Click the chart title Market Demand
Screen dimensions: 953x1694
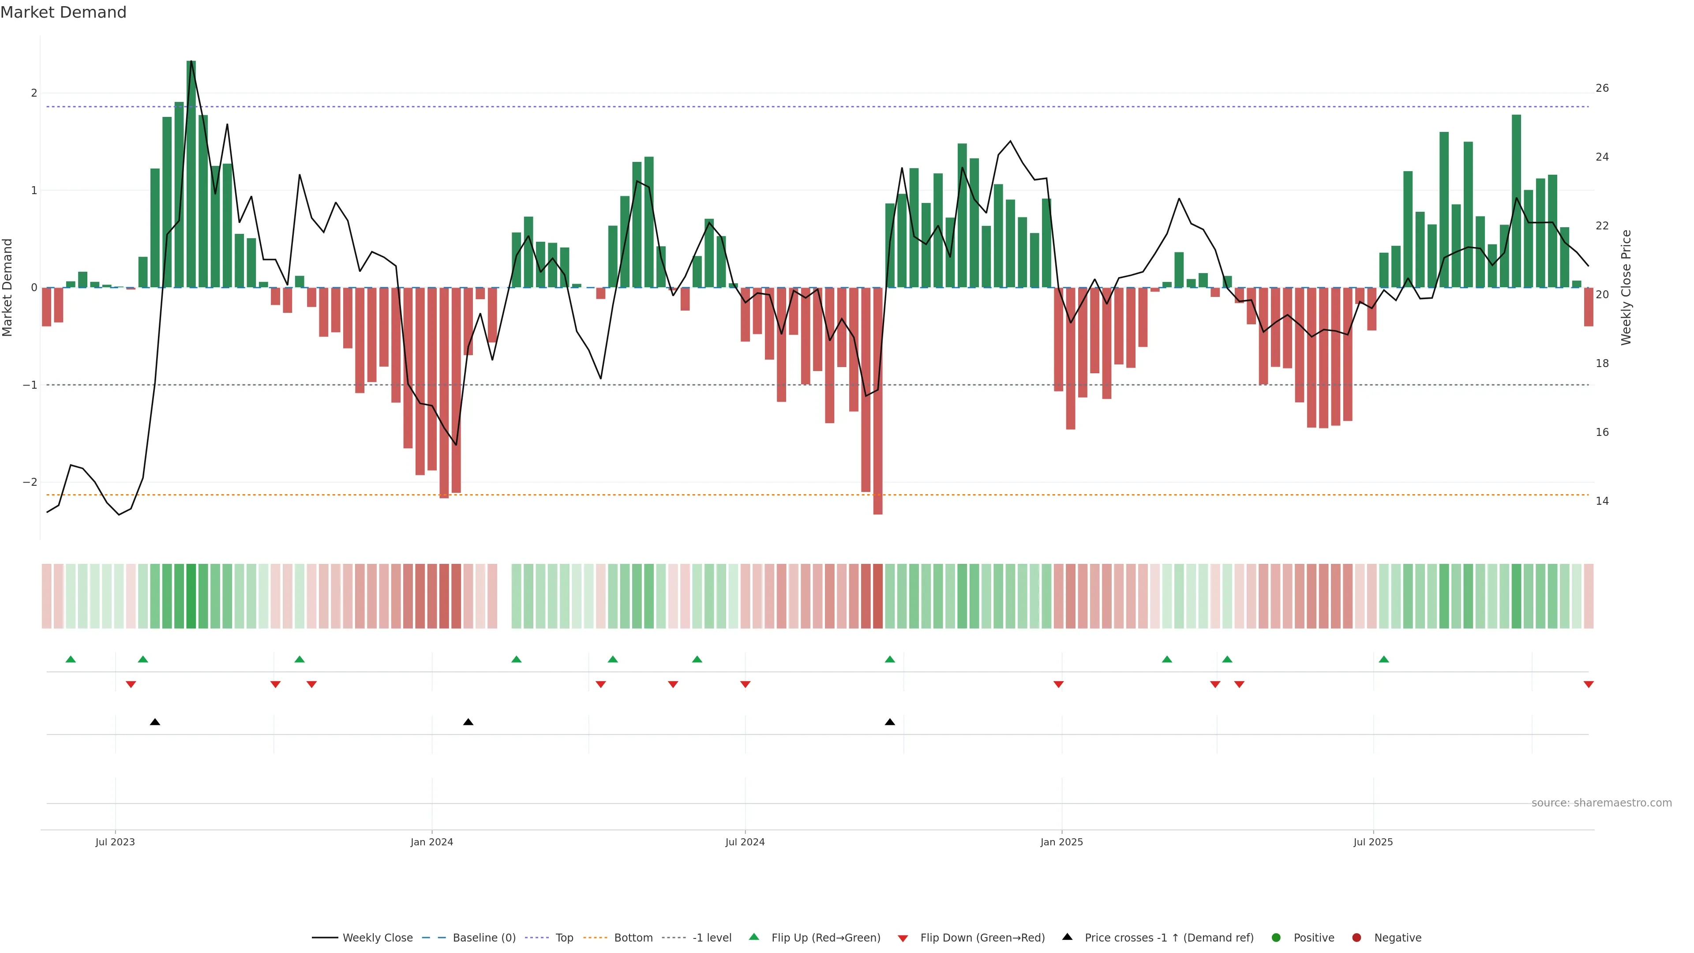click(x=63, y=12)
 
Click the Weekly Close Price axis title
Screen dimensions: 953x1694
click(x=1626, y=287)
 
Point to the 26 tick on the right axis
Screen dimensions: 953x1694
click(x=1602, y=88)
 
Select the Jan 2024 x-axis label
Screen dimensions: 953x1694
click(x=431, y=842)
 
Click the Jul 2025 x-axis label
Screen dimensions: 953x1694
click(x=1373, y=842)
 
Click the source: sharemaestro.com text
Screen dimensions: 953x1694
click(x=1601, y=803)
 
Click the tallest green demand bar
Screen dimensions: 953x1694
click(x=191, y=174)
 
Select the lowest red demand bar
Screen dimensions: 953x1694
click(x=878, y=401)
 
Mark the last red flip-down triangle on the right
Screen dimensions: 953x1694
click(x=1589, y=685)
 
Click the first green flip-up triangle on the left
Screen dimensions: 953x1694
click(x=71, y=659)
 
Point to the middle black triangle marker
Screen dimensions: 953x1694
click(x=468, y=722)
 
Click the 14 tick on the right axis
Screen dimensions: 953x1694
click(x=1602, y=501)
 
